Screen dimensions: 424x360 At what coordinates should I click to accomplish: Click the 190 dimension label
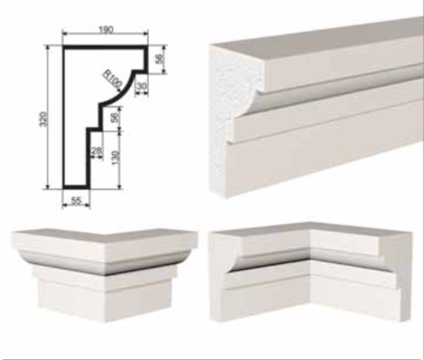tap(106, 29)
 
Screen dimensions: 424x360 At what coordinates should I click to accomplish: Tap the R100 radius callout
tap(113, 79)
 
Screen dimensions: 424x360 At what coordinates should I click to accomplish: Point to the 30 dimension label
tap(141, 86)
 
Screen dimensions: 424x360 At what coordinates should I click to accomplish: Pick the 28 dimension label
tap(97, 151)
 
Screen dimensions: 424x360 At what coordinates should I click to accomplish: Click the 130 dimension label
tap(115, 158)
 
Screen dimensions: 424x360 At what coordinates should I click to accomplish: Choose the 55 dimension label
tap(76, 200)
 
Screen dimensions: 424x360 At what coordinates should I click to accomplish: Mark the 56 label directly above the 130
tap(115, 117)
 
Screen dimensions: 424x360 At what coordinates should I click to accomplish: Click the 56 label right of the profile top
tap(160, 59)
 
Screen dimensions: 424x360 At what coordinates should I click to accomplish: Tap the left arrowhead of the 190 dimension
tap(65, 34)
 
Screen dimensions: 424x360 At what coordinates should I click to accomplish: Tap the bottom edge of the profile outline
tap(76, 187)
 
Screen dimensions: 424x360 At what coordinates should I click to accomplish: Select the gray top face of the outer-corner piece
tap(104, 235)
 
